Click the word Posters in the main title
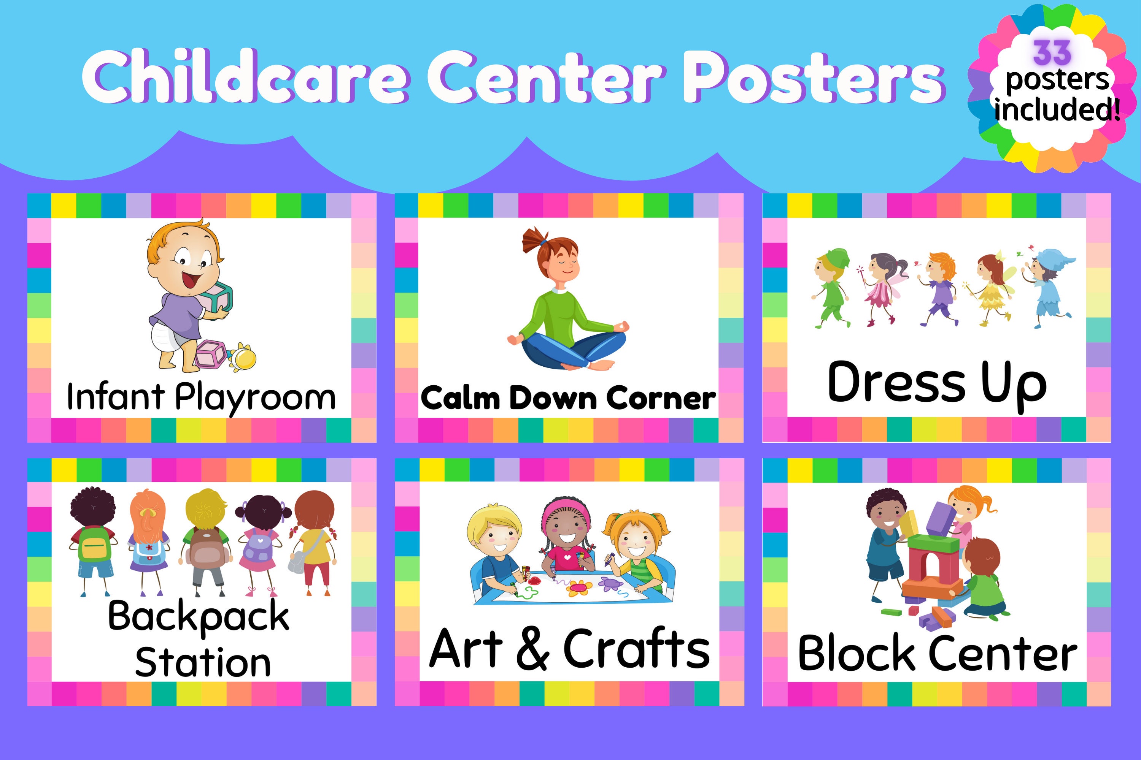click(x=815, y=78)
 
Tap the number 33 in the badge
click(x=1052, y=52)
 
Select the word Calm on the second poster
click(x=460, y=398)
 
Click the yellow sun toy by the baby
click(x=243, y=358)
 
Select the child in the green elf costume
click(x=831, y=288)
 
